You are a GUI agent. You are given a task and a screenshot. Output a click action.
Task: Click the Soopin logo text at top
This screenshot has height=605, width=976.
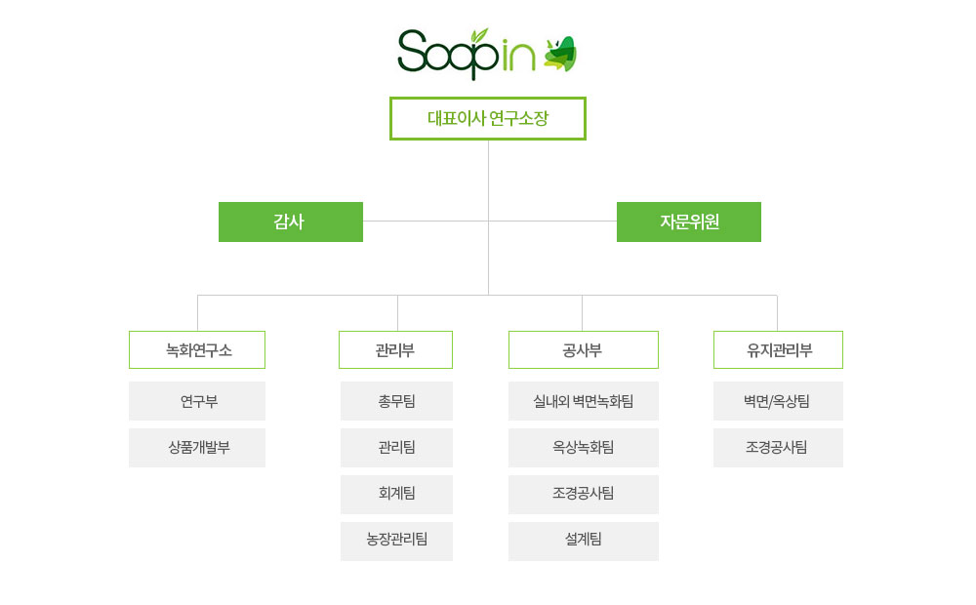(x=467, y=54)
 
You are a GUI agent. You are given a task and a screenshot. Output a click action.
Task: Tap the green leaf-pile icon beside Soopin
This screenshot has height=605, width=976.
(x=560, y=54)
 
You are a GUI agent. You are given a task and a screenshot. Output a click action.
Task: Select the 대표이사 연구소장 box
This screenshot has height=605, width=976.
(x=487, y=118)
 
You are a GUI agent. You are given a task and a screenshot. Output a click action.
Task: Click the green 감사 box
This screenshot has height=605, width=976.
(x=291, y=222)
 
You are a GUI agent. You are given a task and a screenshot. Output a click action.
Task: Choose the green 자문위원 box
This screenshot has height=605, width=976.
(x=688, y=222)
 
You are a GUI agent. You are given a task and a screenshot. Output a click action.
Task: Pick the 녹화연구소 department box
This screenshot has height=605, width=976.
(x=197, y=349)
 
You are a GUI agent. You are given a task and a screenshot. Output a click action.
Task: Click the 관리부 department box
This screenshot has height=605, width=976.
(x=395, y=349)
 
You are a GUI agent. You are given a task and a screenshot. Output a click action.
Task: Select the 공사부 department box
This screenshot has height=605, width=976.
(x=584, y=349)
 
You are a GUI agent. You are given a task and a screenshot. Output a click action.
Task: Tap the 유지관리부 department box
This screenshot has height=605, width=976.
(x=778, y=349)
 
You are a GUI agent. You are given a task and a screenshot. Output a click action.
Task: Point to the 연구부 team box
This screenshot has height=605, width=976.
(x=197, y=401)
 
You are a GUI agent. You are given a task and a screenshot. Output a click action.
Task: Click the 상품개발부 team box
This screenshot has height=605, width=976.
(x=197, y=448)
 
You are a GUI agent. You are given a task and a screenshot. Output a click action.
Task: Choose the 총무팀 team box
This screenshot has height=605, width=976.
(x=396, y=401)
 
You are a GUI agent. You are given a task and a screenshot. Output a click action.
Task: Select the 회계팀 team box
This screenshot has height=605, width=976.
(x=396, y=494)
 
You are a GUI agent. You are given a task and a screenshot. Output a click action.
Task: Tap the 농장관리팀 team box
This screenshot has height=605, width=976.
(x=396, y=541)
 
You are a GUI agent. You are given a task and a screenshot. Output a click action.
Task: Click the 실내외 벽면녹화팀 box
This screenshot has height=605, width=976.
(x=584, y=401)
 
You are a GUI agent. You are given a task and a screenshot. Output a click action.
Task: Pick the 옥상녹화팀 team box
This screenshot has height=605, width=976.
(x=584, y=448)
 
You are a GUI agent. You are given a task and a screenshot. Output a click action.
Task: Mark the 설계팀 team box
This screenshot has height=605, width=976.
(x=584, y=541)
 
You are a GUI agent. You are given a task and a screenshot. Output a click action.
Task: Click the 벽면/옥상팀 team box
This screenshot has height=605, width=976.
(x=778, y=401)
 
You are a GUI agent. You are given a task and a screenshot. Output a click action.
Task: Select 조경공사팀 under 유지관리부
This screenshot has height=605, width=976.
(x=778, y=448)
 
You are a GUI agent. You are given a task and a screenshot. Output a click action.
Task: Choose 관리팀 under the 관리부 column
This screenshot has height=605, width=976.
(x=396, y=448)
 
